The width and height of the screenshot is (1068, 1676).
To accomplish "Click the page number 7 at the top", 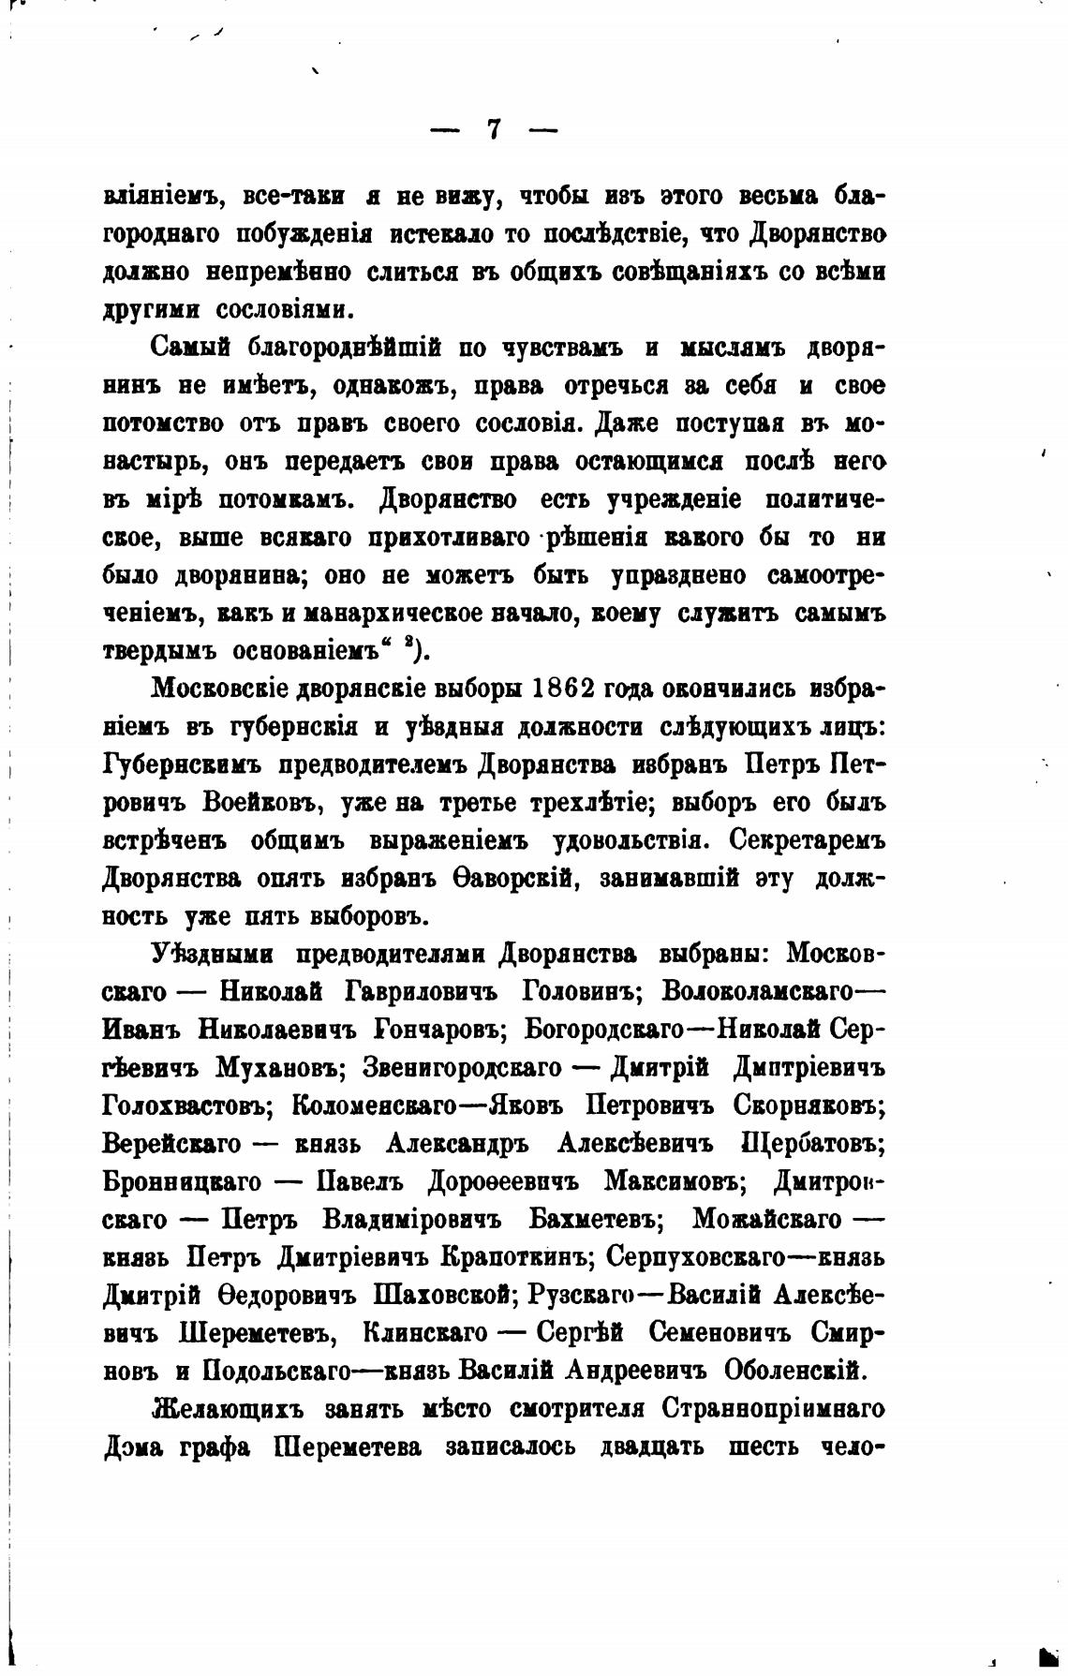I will pos(494,129).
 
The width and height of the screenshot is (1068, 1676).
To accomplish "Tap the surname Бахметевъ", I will pos(596,1221).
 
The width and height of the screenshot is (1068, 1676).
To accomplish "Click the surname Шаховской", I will pos(447,1297).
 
